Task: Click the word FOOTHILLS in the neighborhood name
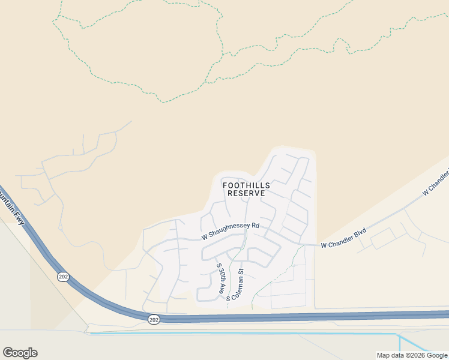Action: (x=246, y=185)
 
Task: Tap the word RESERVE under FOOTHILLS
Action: (x=246, y=194)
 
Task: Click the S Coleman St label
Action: (x=235, y=284)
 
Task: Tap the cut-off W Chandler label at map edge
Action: (x=436, y=183)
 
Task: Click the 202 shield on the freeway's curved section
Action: (x=62, y=277)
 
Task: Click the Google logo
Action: (x=20, y=353)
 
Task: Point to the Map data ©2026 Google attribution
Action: (x=412, y=355)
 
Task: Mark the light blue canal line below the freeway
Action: (x=240, y=334)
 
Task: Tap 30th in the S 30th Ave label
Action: (x=220, y=275)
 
